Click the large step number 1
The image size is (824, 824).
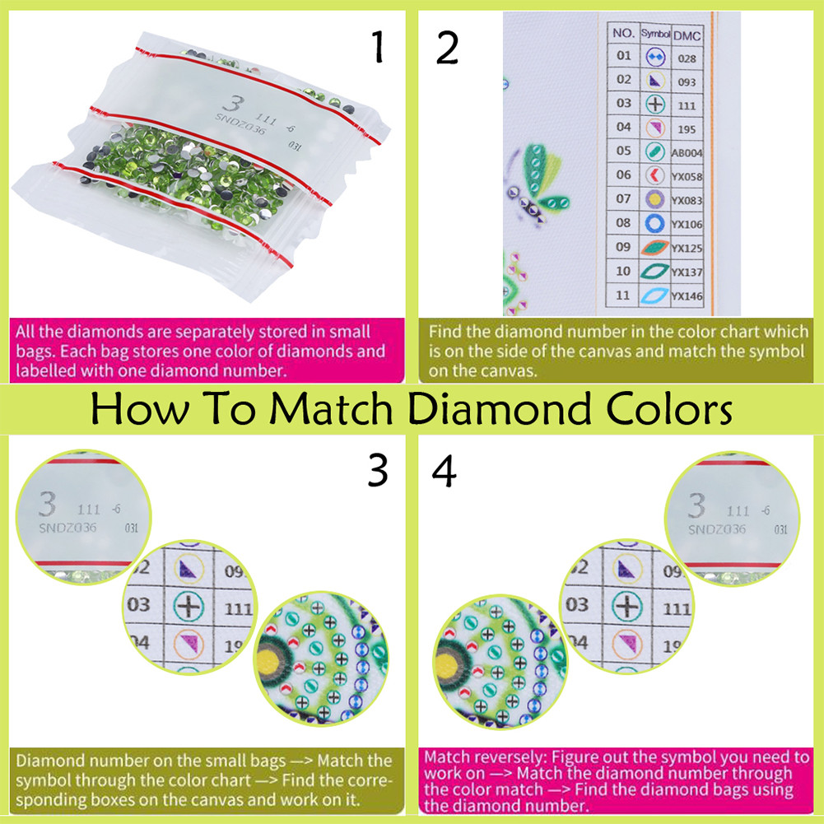[378, 48]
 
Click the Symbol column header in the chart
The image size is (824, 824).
[654, 35]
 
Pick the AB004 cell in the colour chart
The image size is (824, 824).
[687, 152]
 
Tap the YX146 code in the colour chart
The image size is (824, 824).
[687, 296]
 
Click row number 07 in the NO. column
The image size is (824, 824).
[624, 198]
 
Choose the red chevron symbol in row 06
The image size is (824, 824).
[654, 175]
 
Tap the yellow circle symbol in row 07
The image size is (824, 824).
[654, 199]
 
